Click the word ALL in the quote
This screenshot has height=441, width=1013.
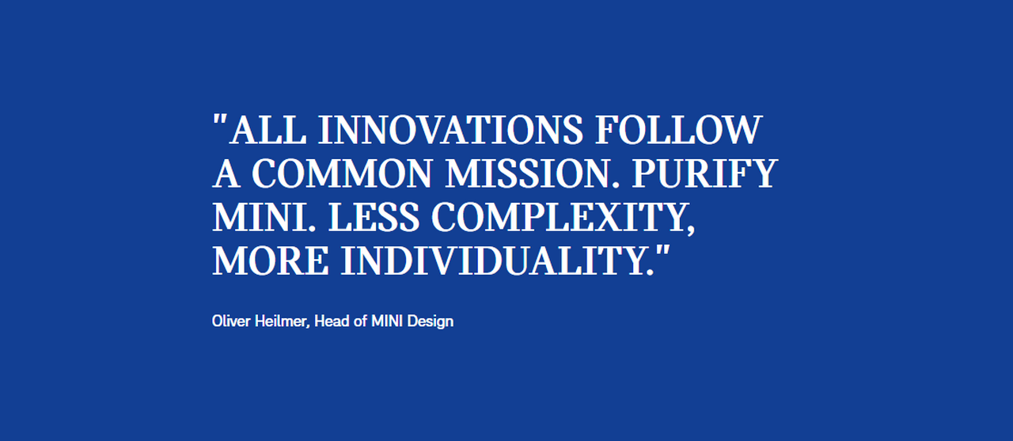268,131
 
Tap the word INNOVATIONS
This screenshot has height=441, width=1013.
451,131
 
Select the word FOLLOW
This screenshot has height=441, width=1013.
679,131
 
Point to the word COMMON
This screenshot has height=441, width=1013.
342,173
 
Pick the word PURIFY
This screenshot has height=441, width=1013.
705,173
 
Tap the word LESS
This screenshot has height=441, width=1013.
374,217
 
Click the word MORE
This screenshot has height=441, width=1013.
271,260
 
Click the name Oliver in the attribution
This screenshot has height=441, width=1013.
231,321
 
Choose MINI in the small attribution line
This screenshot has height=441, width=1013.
387,321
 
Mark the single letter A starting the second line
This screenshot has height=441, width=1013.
226,173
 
